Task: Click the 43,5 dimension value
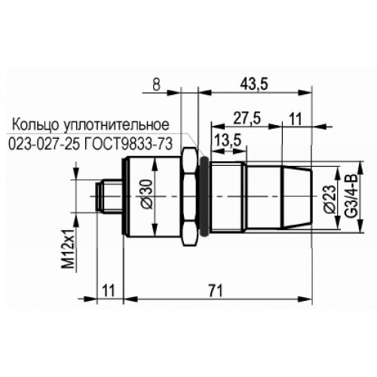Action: (x=254, y=84)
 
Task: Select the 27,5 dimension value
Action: (x=247, y=118)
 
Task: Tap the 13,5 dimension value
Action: (x=228, y=140)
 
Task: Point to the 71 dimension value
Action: (x=216, y=291)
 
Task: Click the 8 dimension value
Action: (x=156, y=84)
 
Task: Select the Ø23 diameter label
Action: (x=329, y=199)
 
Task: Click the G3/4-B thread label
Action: (x=350, y=196)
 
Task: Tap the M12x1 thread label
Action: (x=69, y=249)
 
